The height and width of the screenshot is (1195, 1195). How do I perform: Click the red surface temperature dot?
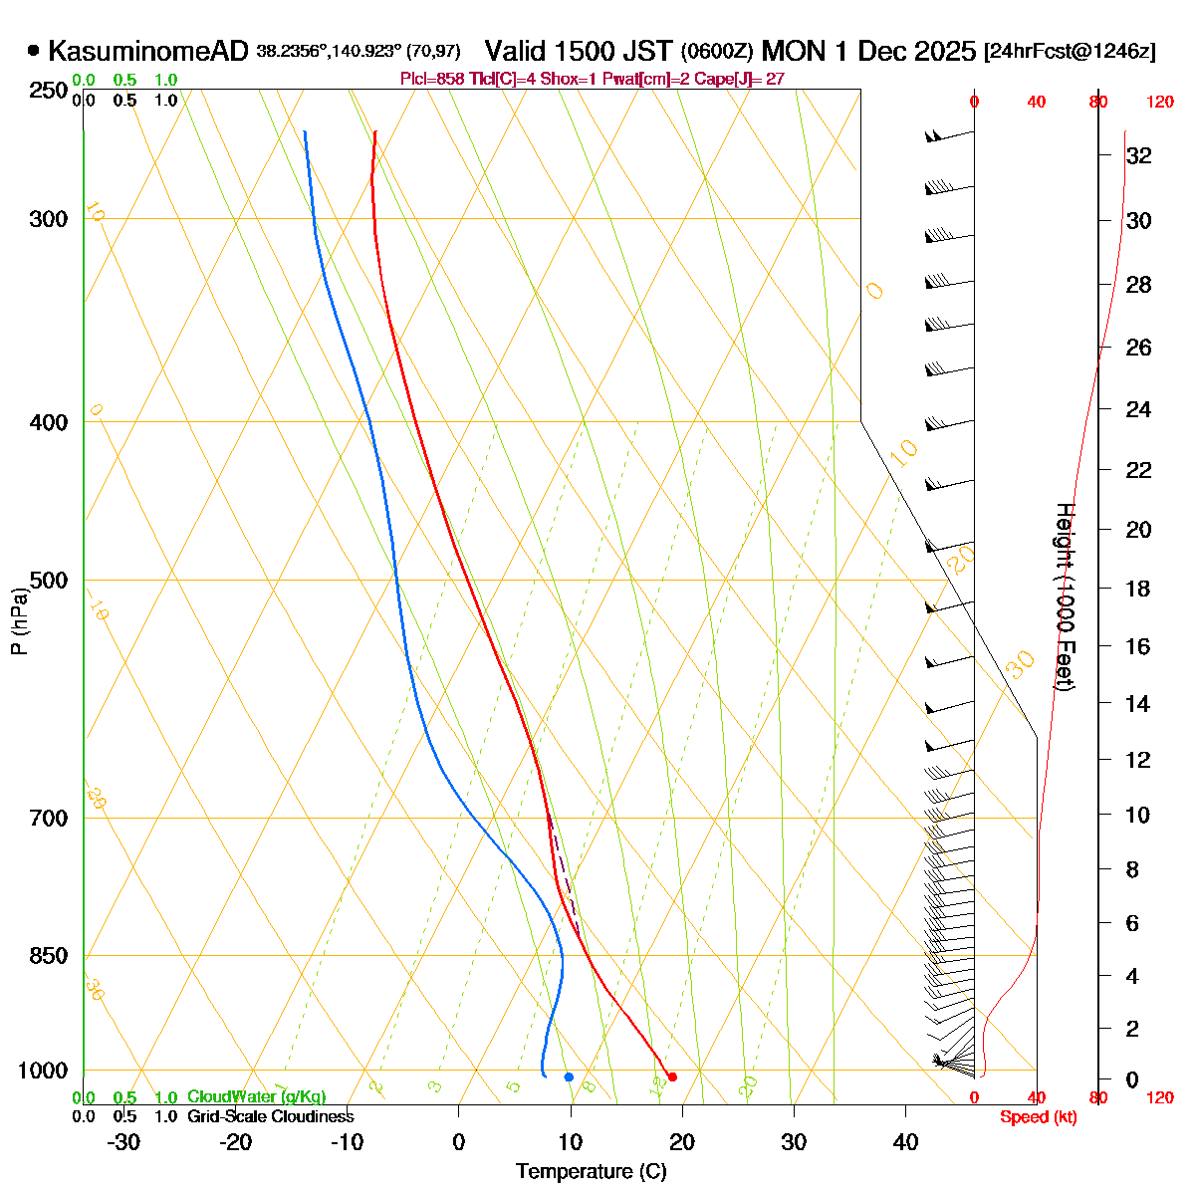point(672,1076)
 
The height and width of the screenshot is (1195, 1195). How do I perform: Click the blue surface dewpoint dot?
point(569,1076)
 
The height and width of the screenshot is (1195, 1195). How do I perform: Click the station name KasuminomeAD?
point(147,51)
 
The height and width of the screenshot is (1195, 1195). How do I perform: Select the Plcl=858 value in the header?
point(432,79)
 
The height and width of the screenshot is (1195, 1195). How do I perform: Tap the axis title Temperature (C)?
point(592,1171)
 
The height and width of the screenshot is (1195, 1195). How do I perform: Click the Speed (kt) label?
point(1038,1117)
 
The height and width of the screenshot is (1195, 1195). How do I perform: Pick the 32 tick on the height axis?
point(1138,155)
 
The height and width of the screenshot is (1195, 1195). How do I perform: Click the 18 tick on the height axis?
point(1138,589)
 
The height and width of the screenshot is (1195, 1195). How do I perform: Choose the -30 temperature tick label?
point(123,1141)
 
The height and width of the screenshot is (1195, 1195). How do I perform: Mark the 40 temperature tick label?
point(905,1141)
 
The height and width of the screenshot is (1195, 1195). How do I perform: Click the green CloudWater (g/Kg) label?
point(256,1096)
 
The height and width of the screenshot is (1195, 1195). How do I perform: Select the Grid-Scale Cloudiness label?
point(270,1116)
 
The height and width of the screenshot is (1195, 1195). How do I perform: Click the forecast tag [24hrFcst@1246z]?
point(1070,52)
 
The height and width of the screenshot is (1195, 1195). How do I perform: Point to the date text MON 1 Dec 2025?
point(868,51)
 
